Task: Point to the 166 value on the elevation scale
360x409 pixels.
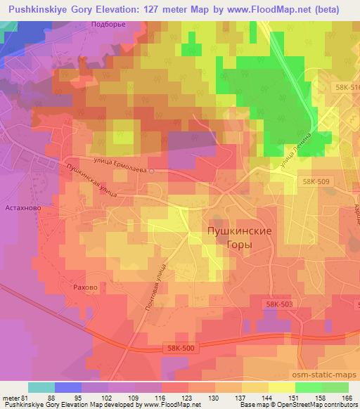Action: [x=346, y=398]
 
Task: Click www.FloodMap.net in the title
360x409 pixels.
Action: [x=257, y=8]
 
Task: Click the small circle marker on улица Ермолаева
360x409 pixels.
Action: [x=150, y=171]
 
